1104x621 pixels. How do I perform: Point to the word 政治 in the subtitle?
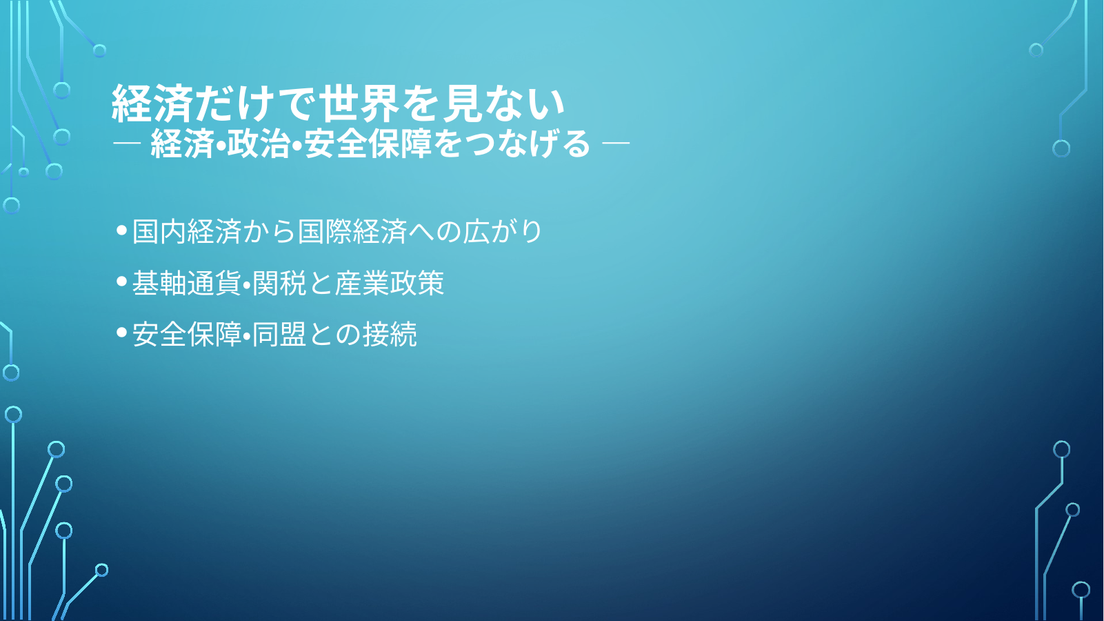(x=258, y=144)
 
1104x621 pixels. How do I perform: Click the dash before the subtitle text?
(x=127, y=144)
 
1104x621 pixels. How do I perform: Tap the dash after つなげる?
(x=616, y=144)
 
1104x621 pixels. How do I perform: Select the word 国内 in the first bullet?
(x=159, y=231)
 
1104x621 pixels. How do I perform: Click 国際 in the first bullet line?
(x=324, y=231)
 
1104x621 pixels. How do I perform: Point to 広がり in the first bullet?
(x=502, y=231)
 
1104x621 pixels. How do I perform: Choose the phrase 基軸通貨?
(x=186, y=283)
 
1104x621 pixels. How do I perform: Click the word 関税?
(x=279, y=283)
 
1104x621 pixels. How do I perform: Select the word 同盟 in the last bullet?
(x=279, y=335)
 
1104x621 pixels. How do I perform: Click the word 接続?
(x=390, y=335)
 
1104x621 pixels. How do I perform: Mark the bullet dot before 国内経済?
(x=122, y=230)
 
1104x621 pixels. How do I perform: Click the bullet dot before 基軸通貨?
(x=122, y=282)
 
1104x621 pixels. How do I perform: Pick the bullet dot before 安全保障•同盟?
(x=122, y=333)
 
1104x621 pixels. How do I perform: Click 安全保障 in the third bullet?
(x=186, y=335)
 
